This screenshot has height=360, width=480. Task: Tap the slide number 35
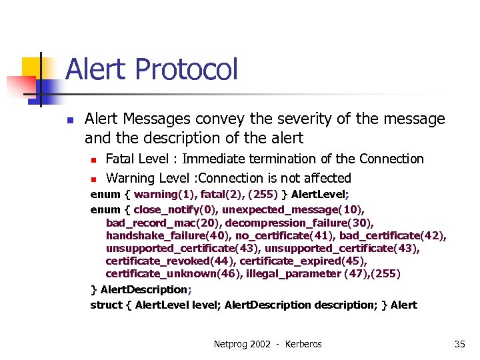pos(459,344)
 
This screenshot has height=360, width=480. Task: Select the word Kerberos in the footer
pos(303,344)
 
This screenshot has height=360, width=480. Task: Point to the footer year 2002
pos(261,344)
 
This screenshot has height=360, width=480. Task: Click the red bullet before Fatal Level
pos(94,160)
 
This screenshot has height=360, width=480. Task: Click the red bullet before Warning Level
pos(94,179)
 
